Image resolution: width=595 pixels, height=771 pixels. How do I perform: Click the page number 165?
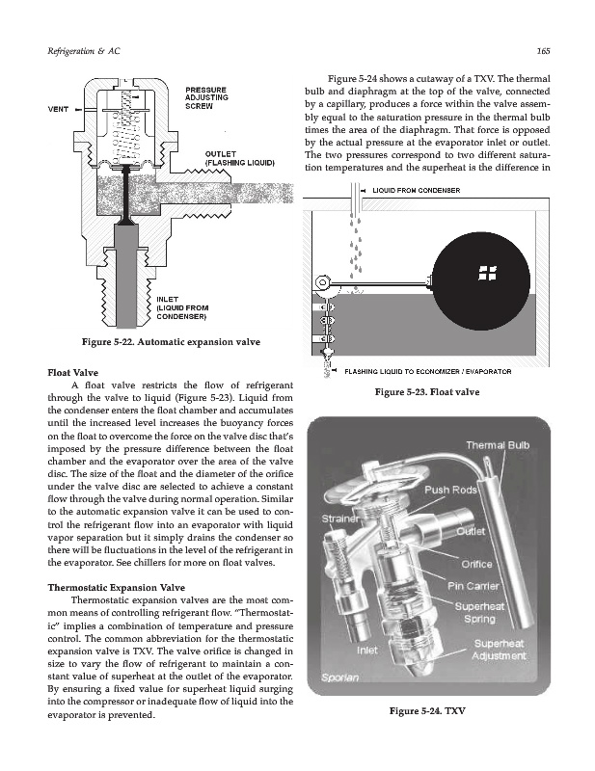(543, 51)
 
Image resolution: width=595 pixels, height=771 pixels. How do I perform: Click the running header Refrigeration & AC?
(84, 51)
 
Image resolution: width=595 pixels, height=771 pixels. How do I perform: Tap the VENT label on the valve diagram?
(58, 109)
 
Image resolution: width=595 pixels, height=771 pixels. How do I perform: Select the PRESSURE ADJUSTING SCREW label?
(206, 98)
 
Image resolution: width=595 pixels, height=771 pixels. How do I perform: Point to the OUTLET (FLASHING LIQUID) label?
(240, 158)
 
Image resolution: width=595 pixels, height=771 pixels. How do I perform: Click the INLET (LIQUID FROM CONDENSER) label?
(182, 307)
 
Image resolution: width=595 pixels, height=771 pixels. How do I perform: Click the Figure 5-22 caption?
(171, 342)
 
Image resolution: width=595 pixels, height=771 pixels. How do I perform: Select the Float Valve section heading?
(73, 373)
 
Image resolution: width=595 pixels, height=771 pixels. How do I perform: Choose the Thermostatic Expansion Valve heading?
(116, 588)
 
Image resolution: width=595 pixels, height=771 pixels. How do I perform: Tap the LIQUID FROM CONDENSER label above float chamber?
(417, 190)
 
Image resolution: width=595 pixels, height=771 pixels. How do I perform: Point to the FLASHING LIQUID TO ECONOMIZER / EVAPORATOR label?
(427, 372)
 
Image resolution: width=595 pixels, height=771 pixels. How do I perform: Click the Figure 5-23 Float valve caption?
(427, 392)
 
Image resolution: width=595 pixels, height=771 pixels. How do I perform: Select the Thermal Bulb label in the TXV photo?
(498, 445)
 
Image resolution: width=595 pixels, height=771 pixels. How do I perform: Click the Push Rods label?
(450, 491)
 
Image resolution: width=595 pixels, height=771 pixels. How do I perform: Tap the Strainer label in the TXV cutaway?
(340, 518)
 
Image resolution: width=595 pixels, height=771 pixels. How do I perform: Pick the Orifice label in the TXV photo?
(476, 565)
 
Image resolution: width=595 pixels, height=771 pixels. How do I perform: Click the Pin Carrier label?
(473, 586)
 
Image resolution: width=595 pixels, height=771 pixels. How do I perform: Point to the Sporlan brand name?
(340, 678)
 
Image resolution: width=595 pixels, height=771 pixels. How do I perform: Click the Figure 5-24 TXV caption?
(427, 711)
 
